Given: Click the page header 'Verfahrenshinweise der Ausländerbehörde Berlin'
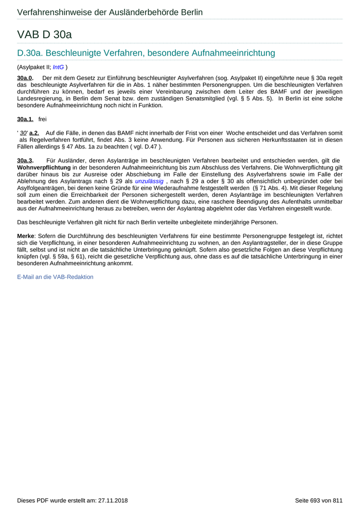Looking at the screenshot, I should click(x=110, y=12).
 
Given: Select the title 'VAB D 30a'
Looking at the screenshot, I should click(x=44, y=35).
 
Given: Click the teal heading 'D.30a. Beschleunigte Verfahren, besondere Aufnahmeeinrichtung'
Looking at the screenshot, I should click(x=146, y=53).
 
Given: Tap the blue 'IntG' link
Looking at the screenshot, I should click(x=58, y=67).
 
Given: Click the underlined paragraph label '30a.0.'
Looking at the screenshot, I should click(x=25, y=77).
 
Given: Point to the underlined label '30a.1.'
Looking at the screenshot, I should click(x=25, y=119).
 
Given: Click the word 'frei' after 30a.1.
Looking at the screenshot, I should click(x=42, y=119).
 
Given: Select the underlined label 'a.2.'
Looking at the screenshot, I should click(x=34, y=133).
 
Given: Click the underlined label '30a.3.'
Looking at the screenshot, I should click(x=25, y=160).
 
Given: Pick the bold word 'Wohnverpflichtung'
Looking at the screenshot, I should click(x=44, y=168).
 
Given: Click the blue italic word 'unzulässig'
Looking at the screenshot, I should click(x=149, y=181).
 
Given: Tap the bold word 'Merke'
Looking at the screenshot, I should click(x=26, y=235).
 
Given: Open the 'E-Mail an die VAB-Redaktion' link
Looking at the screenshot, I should click(x=55, y=277).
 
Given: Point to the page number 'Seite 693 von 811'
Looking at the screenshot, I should click(x=318, y=500).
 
